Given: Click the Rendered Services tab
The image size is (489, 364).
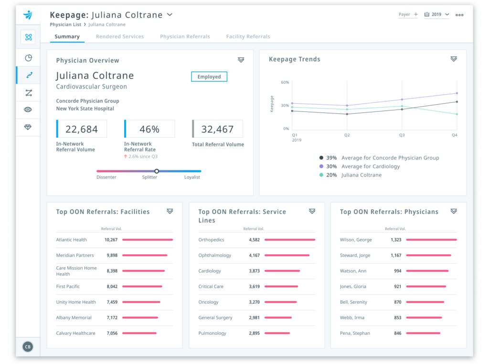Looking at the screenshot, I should point(119,36).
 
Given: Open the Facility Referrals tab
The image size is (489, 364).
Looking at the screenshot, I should point(248,36).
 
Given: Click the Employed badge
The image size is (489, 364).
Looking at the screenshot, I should point(209,77).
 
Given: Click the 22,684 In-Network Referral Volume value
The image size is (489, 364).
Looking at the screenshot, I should point(82,129).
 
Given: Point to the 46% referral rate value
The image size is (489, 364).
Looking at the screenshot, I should point(149,129).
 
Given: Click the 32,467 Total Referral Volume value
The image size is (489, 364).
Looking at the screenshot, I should point(217,129).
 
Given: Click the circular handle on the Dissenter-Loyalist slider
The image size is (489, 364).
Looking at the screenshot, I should point(157,171).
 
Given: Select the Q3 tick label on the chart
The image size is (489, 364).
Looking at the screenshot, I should point(402,135).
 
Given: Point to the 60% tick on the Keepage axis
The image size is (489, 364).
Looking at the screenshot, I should point(285,82).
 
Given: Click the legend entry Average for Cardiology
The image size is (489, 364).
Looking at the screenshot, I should point(371,166).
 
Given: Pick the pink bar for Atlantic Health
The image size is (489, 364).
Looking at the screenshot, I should point(147,240).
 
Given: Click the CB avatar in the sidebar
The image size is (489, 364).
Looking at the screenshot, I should point(28,347).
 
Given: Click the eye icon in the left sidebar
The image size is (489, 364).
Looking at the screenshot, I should point(28,110).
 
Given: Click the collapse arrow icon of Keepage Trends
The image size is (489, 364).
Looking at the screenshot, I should point(453,59).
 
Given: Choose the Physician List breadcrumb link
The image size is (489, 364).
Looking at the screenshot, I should point(65,24).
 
